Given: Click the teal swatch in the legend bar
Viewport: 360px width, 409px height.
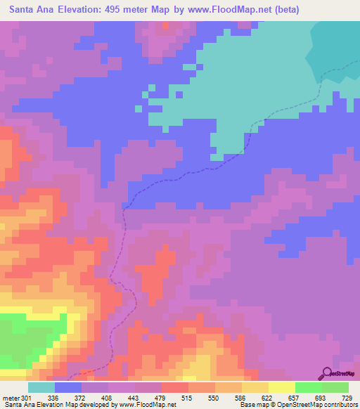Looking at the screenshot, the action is point(41,387).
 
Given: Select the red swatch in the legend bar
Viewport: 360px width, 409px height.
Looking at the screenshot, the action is point(175,387).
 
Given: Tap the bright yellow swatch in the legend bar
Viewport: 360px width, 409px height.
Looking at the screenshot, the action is point(281,387).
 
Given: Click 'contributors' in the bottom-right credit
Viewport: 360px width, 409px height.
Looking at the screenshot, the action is point(337,405).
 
